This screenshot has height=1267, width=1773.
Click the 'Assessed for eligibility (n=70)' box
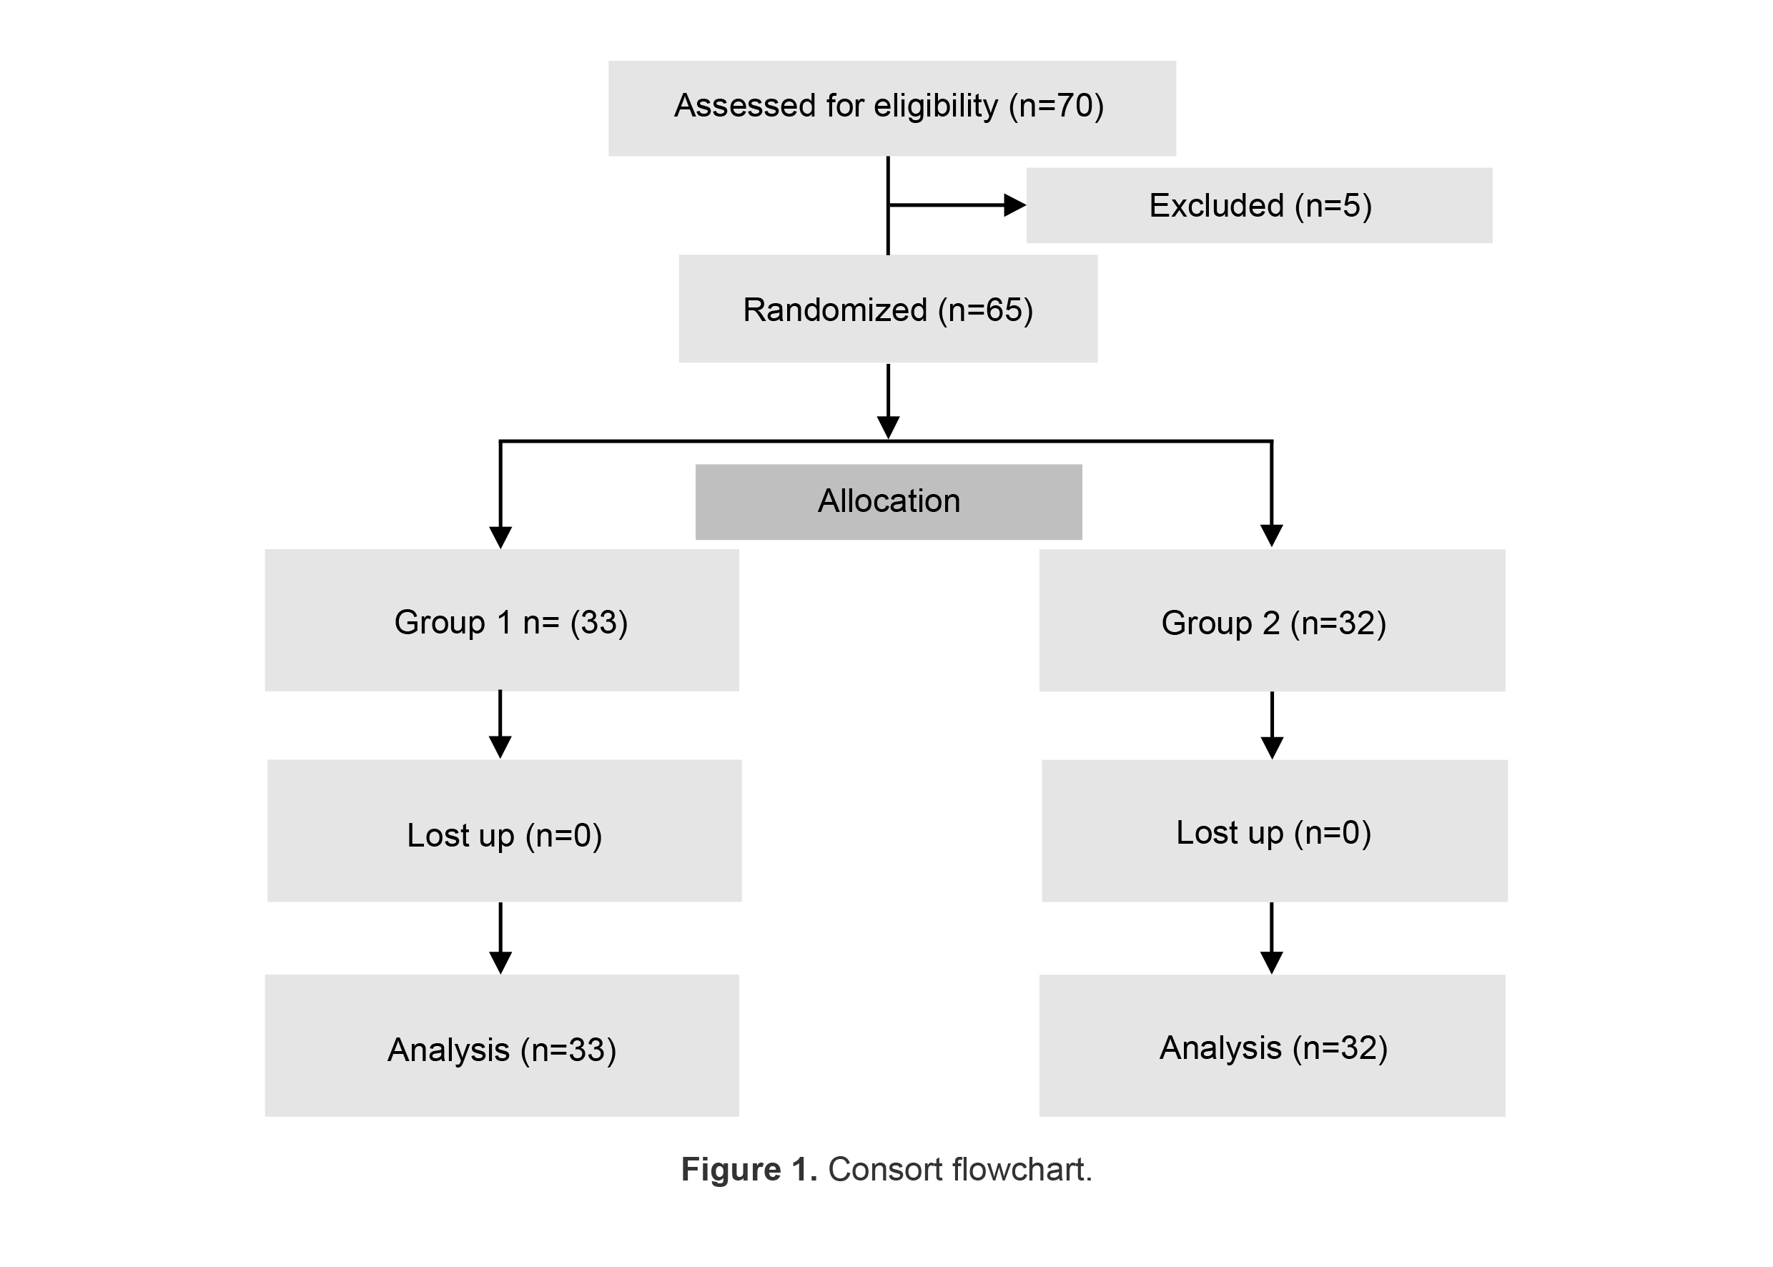tap(891, 108)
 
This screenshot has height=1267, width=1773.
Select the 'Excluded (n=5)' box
tap(1258, 205)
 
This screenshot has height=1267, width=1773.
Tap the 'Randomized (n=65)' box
tap(887, 309)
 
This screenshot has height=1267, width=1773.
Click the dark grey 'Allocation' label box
tap(888, 502)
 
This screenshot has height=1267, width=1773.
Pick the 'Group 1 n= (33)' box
tap(502, 620)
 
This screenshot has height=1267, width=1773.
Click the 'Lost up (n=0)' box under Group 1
tap(504, 831)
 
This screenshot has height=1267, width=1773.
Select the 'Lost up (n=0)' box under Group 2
tap(1274, 831)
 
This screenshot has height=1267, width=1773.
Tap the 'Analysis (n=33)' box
tap(502, 1045)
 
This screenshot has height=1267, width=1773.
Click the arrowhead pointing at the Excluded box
tap(1014, 205)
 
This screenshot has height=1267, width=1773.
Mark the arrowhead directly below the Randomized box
tap(888, 427)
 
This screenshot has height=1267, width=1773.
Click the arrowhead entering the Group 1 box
tap(500, 537)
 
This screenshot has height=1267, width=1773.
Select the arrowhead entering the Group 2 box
tap(1271, 536)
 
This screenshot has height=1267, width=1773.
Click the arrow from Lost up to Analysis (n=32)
tap(1271, 939)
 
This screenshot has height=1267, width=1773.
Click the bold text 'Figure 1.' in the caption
tap(748, 1170)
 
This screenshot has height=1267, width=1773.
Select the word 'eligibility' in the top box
tap(934, 106)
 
